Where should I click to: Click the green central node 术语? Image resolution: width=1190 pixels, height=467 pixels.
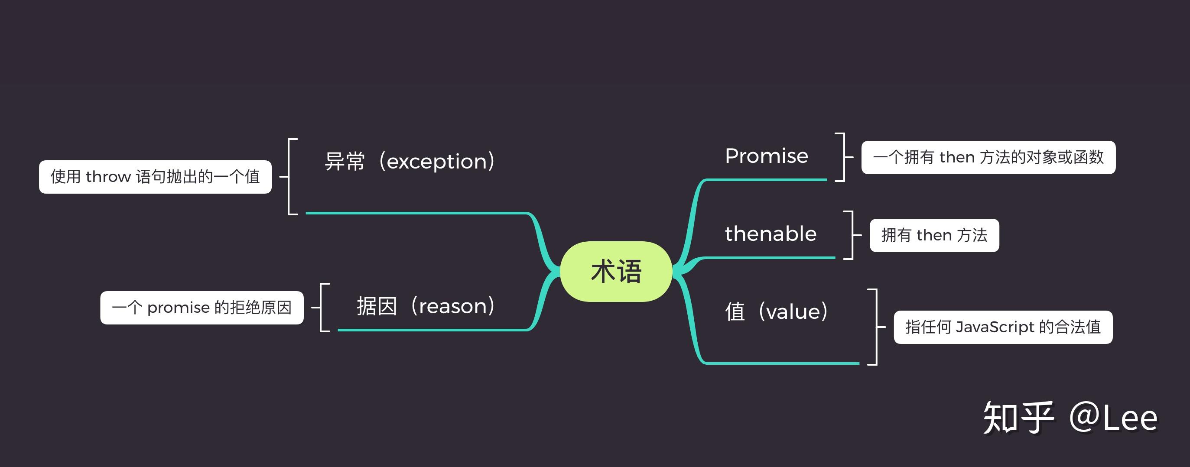[616, 272]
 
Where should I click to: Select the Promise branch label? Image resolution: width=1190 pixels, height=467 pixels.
[766, 156]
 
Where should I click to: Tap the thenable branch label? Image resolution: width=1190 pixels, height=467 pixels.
[771, 234]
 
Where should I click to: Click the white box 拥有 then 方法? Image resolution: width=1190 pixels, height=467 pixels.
[934, 236]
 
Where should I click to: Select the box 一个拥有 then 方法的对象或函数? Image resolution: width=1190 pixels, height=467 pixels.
[988, 158]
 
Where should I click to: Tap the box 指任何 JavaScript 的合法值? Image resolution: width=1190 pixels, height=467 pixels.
[1003, 327]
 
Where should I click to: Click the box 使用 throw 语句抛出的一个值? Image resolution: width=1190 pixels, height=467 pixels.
[155, 177]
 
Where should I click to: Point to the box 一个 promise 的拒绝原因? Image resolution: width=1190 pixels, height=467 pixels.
[202, 308]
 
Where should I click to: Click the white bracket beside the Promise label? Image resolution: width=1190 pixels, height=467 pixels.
[842, 157]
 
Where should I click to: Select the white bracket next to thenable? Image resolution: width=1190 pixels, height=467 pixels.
[850, 235]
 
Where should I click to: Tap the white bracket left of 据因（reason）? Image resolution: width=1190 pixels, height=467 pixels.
[323, 307]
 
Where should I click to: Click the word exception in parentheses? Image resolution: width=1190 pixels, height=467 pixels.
[436, 162]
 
